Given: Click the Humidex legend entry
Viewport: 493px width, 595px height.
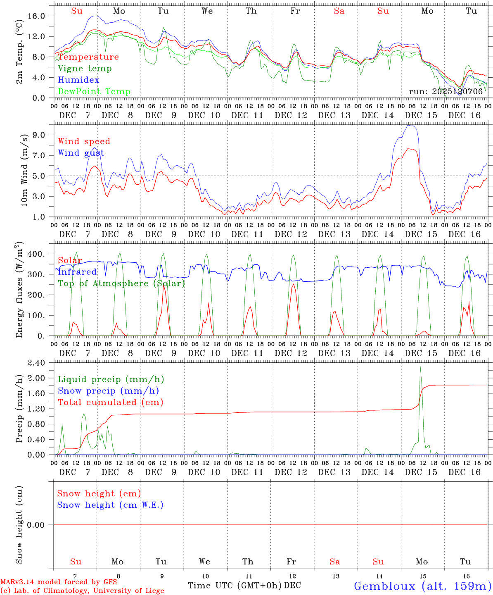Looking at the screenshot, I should (78, 80).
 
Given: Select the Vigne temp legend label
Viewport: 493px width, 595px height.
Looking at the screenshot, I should (85, 69).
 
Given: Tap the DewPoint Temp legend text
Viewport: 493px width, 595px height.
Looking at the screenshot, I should (94, 92).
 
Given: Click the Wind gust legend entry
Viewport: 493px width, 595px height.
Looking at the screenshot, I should (81, 153).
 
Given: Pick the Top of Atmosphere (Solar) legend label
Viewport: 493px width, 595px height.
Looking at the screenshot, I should (121, 283).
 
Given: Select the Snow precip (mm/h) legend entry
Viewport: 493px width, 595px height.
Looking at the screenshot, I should (108, 391).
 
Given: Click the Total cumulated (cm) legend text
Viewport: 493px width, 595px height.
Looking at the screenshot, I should (110, 402).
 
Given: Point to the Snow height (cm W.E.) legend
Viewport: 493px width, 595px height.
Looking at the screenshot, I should (110, 505).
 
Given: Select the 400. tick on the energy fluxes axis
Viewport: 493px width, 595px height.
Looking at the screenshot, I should (36, 254).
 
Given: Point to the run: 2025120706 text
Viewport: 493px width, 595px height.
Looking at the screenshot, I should (446, 92).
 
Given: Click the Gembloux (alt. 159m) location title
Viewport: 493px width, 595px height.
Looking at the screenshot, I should (422, 586).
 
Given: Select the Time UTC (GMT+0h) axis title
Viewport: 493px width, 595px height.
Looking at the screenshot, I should (235, 585).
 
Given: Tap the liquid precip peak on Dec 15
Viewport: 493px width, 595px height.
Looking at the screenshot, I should (420, 367).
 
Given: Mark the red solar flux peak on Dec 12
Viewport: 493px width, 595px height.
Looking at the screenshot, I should (293, 284).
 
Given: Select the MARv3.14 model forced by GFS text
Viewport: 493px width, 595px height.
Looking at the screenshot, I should (59, 582).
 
